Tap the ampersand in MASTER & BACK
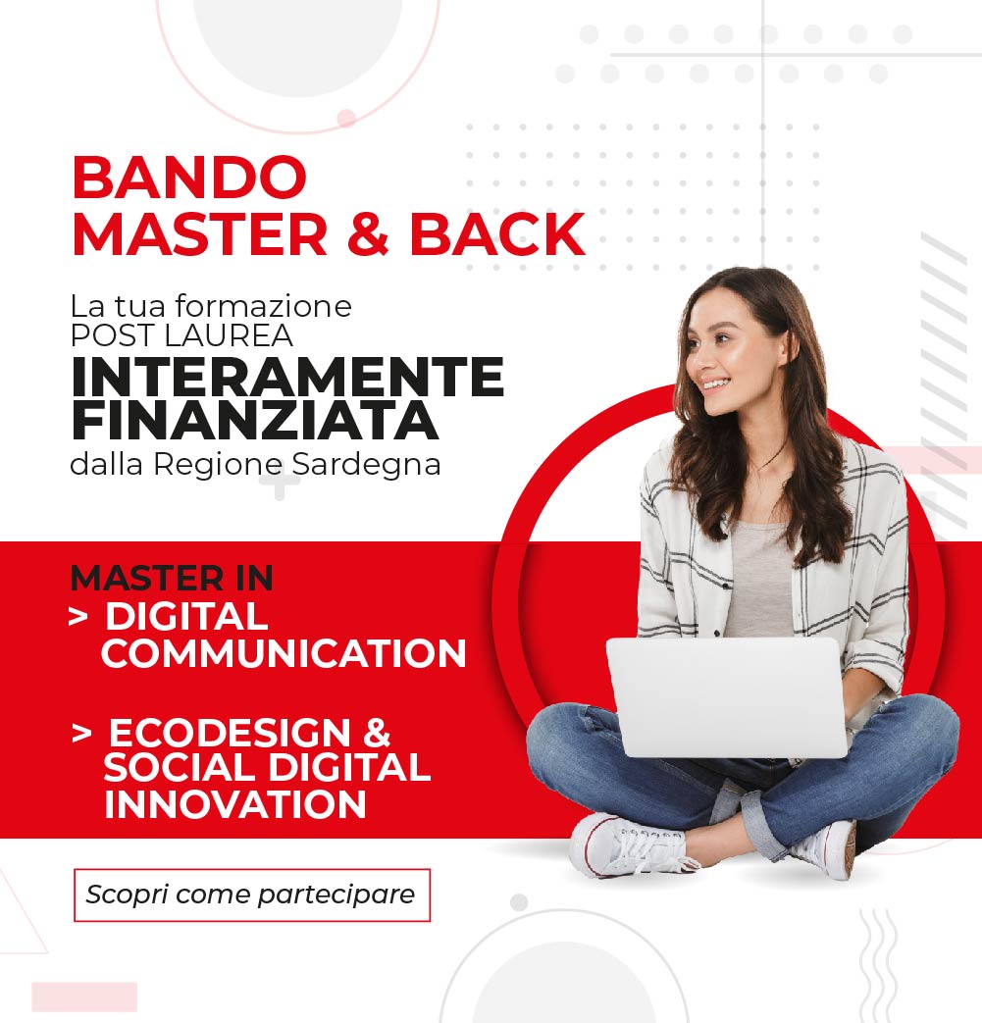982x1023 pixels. coord(369,233)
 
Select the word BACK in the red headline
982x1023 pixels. coord(497,233)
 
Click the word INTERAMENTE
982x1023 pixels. coord(287,377)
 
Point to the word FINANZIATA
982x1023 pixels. coord(254,421)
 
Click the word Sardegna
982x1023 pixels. coord(366,466)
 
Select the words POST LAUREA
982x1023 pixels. coord(181,336)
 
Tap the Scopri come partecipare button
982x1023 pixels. coord(252,895)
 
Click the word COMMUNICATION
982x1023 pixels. coord(284,654)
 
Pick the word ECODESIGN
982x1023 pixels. coord(230,733)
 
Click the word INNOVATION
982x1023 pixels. coord(234,804)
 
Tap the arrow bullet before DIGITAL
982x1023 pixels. coord(78,617)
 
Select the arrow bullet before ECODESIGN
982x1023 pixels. coord(81,734)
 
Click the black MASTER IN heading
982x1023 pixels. coord(172,578)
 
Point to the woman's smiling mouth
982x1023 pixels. coord(714,384)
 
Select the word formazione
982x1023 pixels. coord(264,306)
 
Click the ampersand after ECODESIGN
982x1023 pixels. coord(377,733)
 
